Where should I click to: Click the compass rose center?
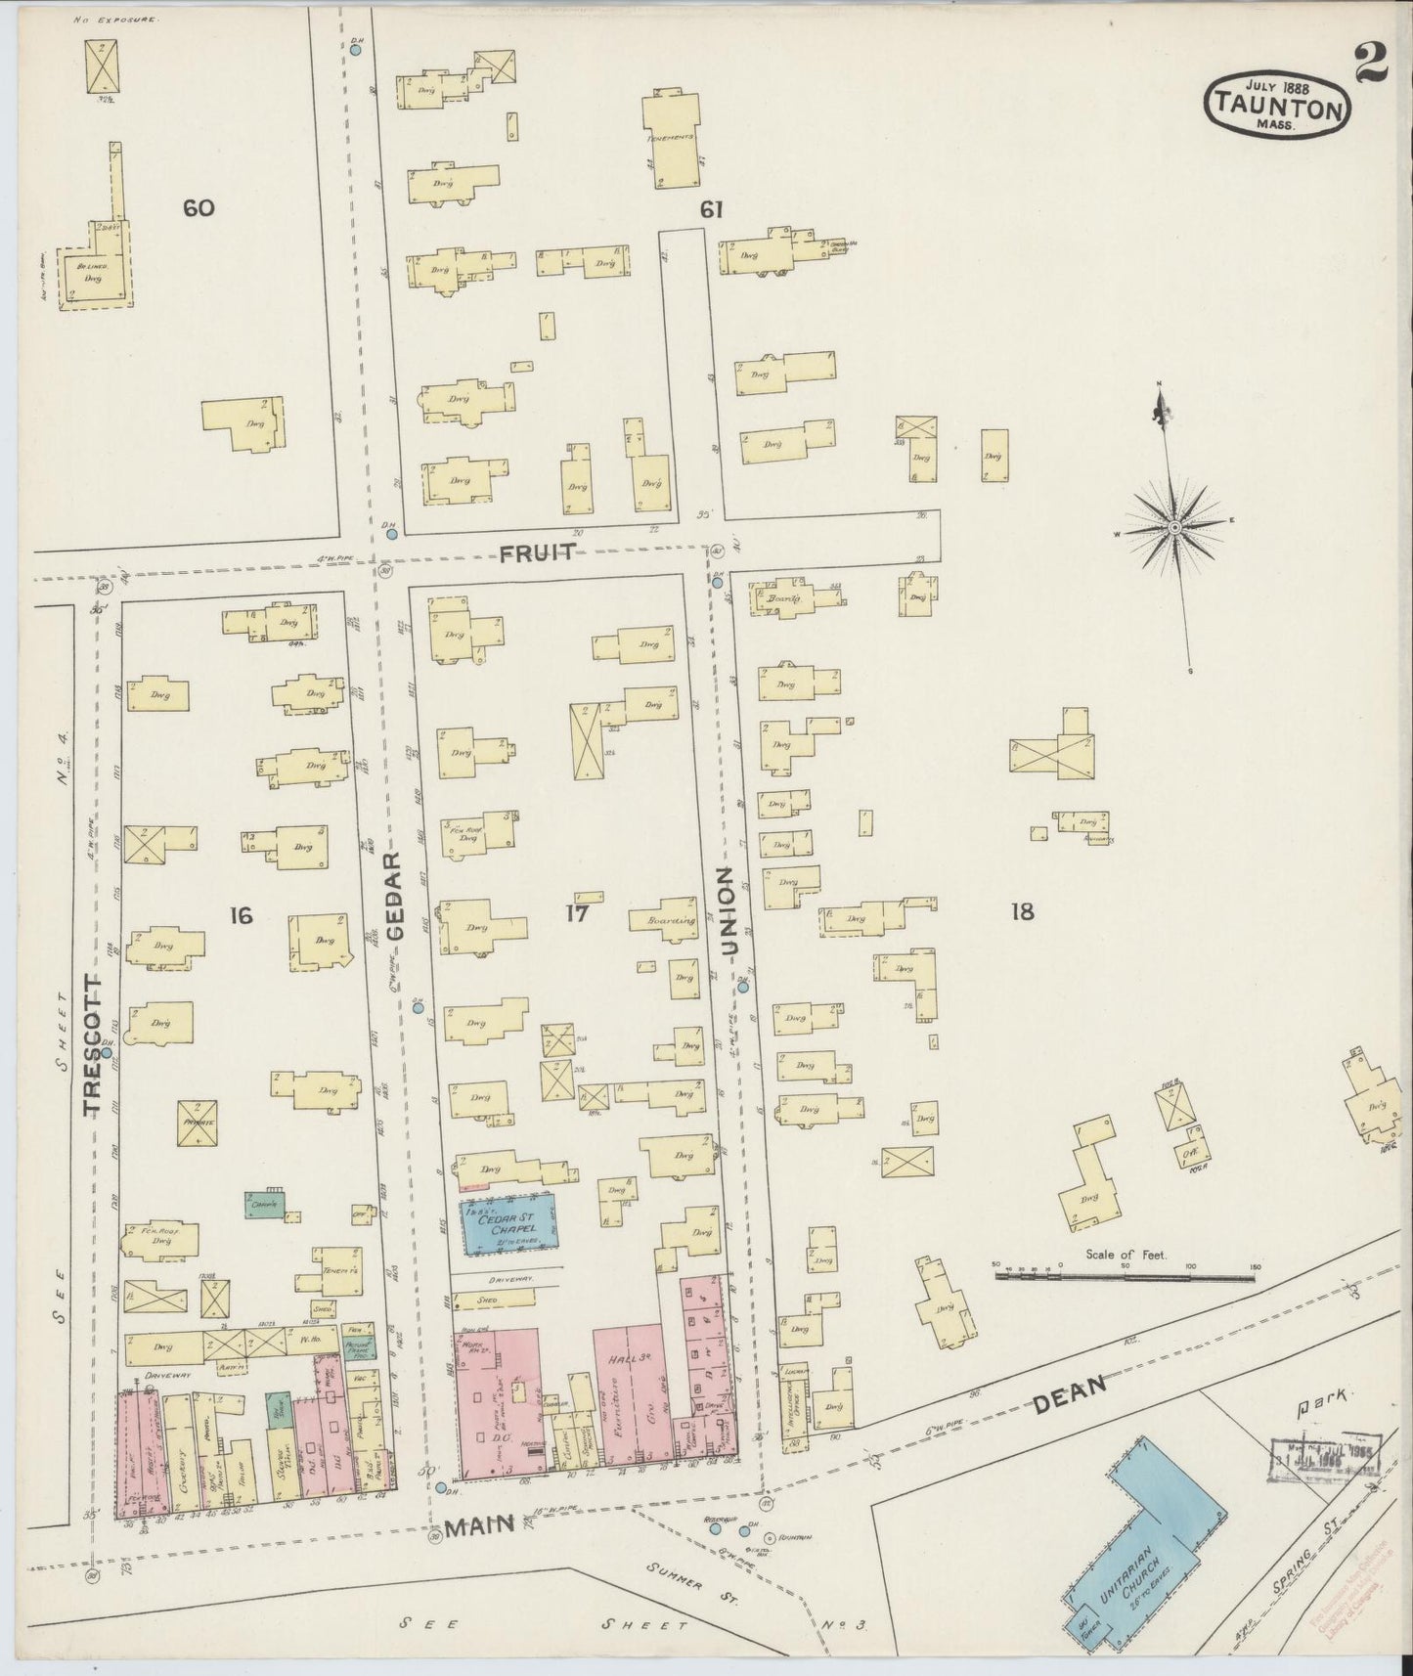(1174, 528)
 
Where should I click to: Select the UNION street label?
(728, 910)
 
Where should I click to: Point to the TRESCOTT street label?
(92, 1043)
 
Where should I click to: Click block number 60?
(198, 207)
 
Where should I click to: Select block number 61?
(710, 208)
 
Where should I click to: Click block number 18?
(1022, 912)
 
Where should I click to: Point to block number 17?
(575, 914)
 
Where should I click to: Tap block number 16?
(241, 915)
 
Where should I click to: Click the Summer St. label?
(677, 1574)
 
